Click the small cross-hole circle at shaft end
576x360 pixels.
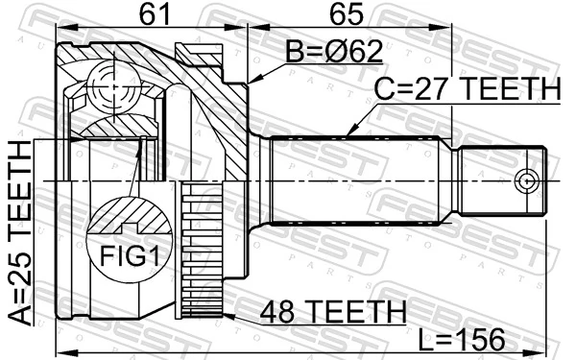524,180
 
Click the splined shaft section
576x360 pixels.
355,180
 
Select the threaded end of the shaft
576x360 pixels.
499,180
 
